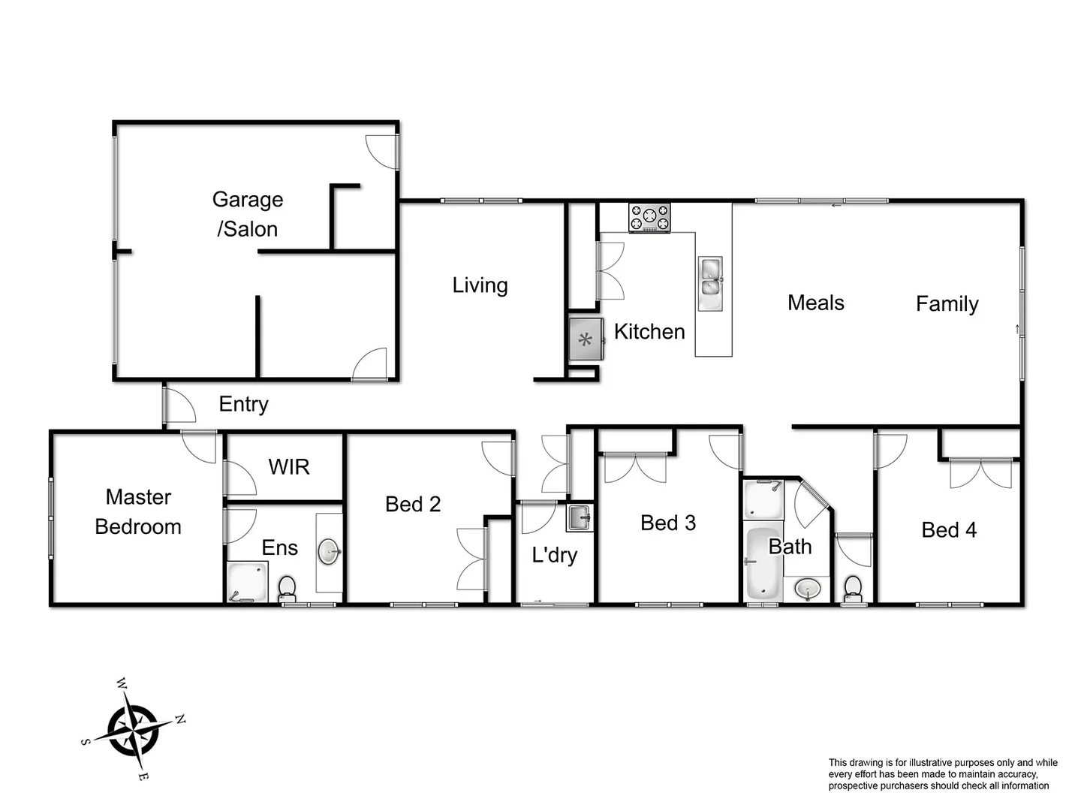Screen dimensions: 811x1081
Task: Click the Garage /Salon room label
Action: tap(247, 214)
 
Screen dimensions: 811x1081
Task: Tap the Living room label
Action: tap(480, 285)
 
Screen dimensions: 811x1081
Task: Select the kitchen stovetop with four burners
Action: tap(649, 218)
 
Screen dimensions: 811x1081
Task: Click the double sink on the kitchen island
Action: tap(710, 277)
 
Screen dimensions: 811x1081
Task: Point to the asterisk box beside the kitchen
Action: tap(586, 340)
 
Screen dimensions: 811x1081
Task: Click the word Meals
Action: tap(815, 303)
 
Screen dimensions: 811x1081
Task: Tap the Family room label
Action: tap(947, 303)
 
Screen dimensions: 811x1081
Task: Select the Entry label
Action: tap(243, 404)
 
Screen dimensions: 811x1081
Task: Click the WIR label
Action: tap(288, 467)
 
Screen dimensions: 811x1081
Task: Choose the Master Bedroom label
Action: tap(138, 511)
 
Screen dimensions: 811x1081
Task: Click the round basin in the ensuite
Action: tap(330, 552)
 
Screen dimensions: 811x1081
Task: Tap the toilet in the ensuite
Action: tap(287, 588)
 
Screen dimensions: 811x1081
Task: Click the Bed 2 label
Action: tap(412, 504)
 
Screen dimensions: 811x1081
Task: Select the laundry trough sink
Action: tap(579, 517)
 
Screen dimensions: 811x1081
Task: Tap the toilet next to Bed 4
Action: tap(853, 588)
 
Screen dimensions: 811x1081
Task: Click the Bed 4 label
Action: tap(949, 530)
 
